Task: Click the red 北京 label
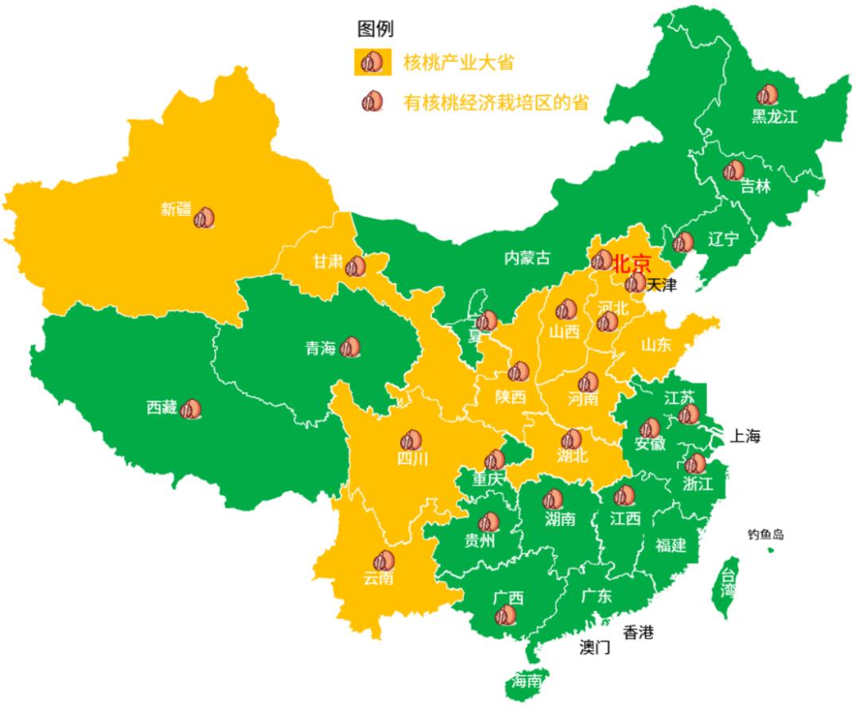click(x=632, y=264)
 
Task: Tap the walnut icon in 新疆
click(x=204, y=217)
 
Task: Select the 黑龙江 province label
click(x=774, y=117)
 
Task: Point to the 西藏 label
click(x=162, y=408)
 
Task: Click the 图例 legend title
click(x=375, y=29)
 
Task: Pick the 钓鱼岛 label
click(x=765, y=534)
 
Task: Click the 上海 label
click(x=745, y=436)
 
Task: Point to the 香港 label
click(x=638, y=633)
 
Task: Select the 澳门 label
click(x=594, y=647)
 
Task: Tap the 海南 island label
click(x=527, y=681)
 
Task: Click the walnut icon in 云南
click(x=383, y=560)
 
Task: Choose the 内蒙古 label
click(x=527, y=258)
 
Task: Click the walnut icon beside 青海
click(x=350, y=347)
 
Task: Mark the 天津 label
click(x=661, y=284)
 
